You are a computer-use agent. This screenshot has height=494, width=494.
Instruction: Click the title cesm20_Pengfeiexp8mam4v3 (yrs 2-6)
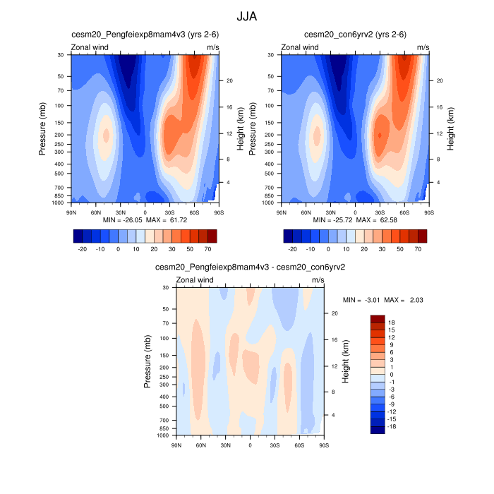[143, 35]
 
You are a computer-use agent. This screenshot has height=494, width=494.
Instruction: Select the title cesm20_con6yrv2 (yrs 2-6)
[355, 35]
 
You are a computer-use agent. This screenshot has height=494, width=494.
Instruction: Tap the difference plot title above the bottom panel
[250, 267]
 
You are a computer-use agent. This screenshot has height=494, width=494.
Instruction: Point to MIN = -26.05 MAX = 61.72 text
[145, 220]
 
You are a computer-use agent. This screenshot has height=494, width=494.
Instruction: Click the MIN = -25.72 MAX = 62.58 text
[355, 220]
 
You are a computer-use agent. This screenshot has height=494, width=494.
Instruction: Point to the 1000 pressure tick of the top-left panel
[59, 203]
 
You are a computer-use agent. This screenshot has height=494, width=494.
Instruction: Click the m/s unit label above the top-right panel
[423, 47]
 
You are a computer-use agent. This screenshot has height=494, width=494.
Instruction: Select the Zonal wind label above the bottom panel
[195, 280]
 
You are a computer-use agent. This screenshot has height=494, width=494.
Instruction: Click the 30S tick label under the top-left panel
[170, 211]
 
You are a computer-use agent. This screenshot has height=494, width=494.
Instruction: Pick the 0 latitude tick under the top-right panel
[355, 211]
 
